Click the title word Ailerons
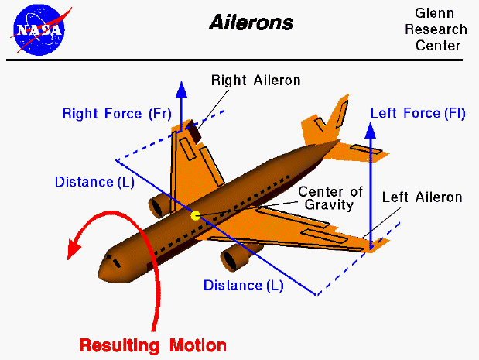[x=251, y=22]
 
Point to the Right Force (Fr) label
[x=116, y=114]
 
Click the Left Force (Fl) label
[x=417, y=113]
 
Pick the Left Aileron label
[x=422, y=197]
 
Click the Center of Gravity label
[x=326, y=199]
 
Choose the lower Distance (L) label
[x=243, y=285]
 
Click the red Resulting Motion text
[x=152, y=345]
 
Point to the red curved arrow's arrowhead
[x=74, y=251]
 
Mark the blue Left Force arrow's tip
[x=371, y=125]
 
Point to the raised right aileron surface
[x=190, y=132]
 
